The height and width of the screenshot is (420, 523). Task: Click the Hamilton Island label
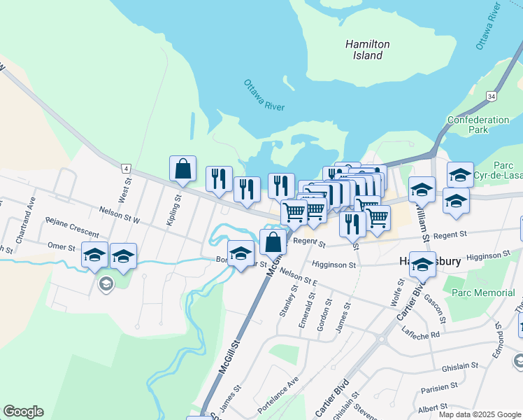[x=367, y=50]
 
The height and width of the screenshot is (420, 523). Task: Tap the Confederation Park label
[x=478, y=125]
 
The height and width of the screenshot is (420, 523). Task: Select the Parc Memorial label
[x=483, y=293]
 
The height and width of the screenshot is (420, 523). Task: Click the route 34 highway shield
[x=492, y=95]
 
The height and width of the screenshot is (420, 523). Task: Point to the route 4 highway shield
[x=126, y=168]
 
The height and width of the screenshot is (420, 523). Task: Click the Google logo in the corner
[x=23, y=412]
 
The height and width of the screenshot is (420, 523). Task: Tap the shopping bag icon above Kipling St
[x=182, y=169]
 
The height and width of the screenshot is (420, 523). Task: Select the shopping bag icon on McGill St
[x=273, y=242]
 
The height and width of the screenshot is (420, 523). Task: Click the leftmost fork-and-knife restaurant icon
[x=219, y=179]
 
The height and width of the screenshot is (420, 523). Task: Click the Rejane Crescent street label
[x=73, y=225]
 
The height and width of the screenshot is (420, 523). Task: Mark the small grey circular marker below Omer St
[x=106, y=284]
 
